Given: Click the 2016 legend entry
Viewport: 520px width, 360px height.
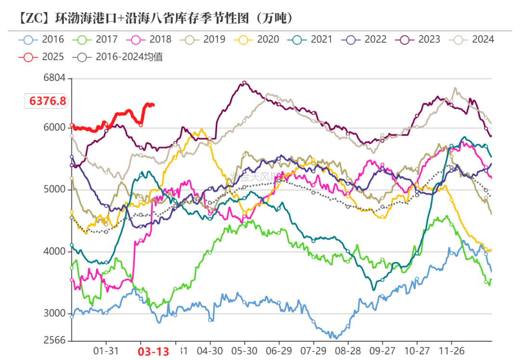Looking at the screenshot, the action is pyautogui.click(x=42, y=40).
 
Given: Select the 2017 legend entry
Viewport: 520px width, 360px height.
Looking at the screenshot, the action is pyautogui.click(x=96, y=40).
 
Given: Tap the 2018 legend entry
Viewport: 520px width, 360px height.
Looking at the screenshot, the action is pyautogui.click(x=149, y=40).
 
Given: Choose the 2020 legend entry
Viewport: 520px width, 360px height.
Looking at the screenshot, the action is pyautogui.click(x=257, y=40).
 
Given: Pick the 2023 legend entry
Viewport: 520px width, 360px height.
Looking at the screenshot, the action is pyautogui.click(x=418, y=40).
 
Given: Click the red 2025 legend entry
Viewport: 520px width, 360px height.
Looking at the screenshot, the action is pyautogui.click(x=42, y=57).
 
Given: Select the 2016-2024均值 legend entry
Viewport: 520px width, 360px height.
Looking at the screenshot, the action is pyautogui.click(x=120, y=57).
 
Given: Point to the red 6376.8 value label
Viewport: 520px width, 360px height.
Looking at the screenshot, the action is pyautogui.click(x=47, y=101).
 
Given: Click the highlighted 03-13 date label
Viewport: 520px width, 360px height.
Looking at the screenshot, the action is pyautogui.click(x=154, y=351).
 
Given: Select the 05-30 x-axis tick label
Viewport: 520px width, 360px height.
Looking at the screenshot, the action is pyautogui.click(x=244, y=350).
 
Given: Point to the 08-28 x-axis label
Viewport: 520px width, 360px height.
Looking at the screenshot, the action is pyautogui.click(x=348, y=350).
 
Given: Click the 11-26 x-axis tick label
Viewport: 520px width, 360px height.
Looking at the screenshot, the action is pyautogui.click(x=451, y=350).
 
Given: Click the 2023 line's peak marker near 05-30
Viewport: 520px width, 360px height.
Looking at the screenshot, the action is pyautogui.click(x=244, y=83).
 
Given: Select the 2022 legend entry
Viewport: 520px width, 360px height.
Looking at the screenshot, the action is pyautogui.click(x=364, y=40).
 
